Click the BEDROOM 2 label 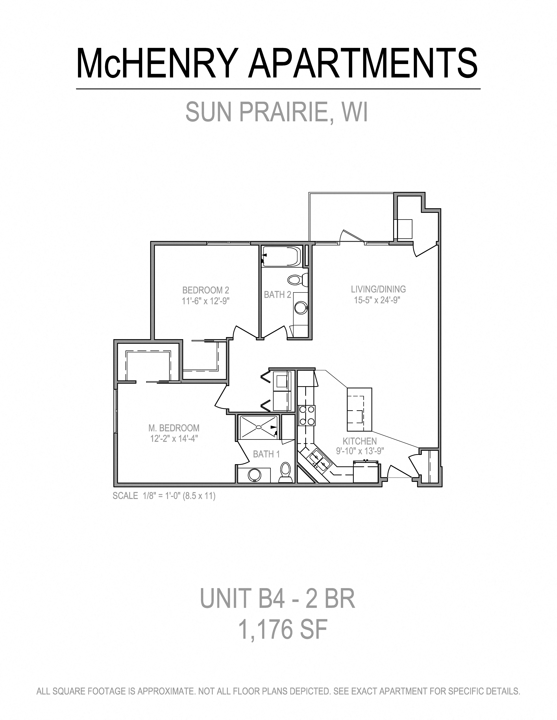pos(206,290)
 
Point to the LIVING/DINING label pos(378,289)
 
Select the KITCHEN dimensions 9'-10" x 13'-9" pos(360,451)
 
